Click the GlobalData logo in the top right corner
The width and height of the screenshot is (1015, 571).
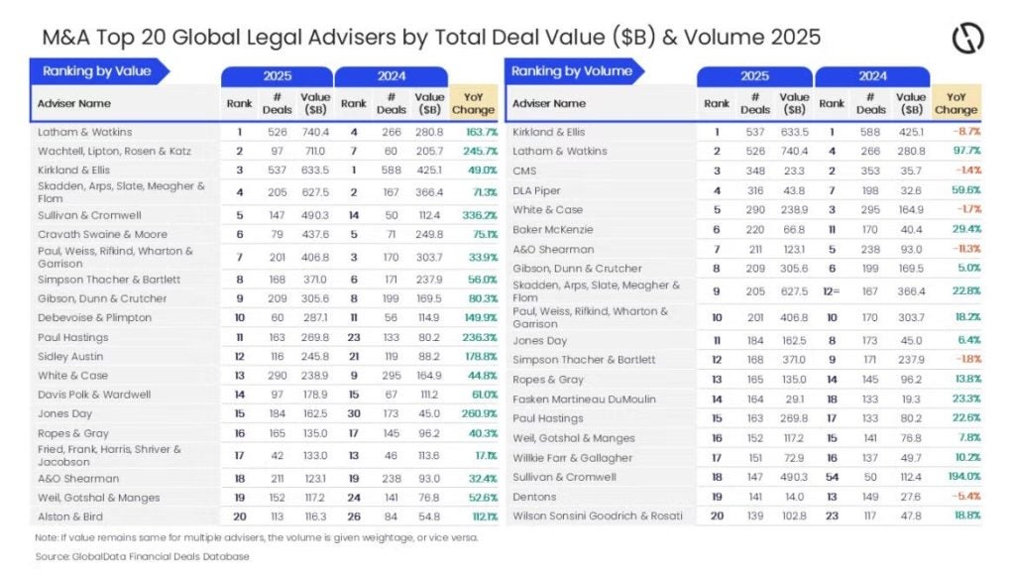[967, 39]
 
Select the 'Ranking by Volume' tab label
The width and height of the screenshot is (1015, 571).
[571, 71]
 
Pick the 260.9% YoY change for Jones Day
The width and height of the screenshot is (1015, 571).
[473, 412]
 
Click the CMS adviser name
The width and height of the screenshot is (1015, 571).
[526, 170]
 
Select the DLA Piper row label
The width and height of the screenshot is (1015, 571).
[536, 189]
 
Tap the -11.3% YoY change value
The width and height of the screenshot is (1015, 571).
[959, 249]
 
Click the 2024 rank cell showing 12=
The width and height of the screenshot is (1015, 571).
[832, 290]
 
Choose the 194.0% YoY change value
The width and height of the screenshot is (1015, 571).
[958, 477]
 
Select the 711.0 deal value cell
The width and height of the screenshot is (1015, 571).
[315, 151]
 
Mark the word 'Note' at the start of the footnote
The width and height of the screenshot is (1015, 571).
[45, 537]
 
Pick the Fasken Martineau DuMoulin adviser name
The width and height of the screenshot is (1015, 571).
[584, 399]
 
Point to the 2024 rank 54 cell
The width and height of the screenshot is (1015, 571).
[832, 477]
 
